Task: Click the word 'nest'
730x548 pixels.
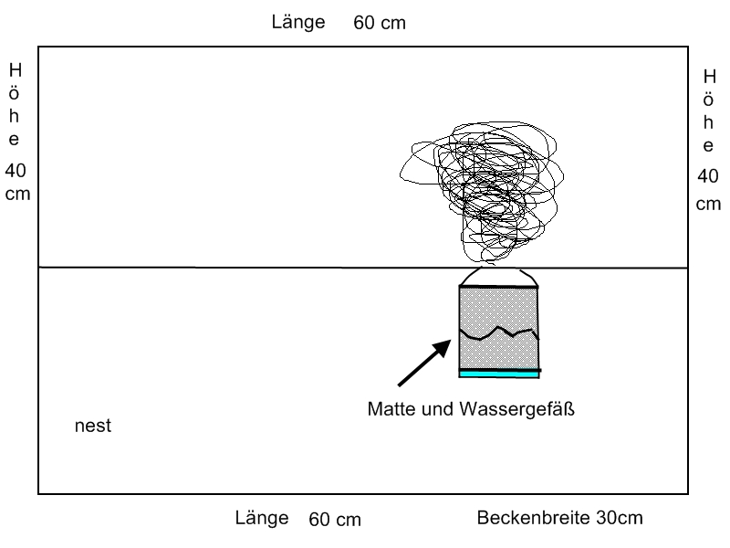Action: pos(92,427)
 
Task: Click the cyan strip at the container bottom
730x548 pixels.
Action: pos(499,374)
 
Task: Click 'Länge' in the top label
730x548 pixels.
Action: pos(298,23)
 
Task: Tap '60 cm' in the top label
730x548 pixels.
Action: pos(380,24)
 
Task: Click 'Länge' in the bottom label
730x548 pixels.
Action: pos(263,519)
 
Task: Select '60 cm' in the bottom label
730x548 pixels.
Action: pos(335,520)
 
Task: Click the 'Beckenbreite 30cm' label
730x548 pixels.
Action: pos(559,519)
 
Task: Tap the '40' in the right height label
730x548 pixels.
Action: pos(708,176)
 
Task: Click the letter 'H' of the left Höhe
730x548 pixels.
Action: pos(16,69)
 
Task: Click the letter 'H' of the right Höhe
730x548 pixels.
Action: pos(708,77)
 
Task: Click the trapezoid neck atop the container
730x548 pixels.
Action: pos(498,278)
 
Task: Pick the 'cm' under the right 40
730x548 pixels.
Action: pos(708,204)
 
